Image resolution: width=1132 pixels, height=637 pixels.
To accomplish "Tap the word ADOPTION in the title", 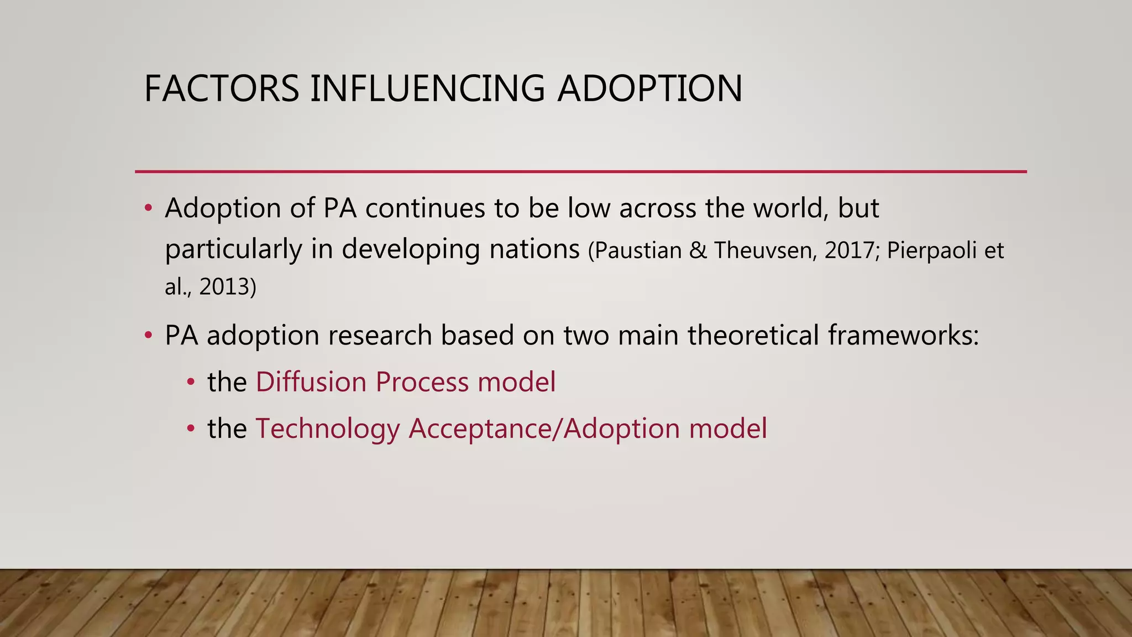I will (649, 88).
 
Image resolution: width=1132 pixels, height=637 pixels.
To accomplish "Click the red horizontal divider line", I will (580, 172).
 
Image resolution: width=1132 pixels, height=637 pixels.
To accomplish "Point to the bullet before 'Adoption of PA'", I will (148, 209).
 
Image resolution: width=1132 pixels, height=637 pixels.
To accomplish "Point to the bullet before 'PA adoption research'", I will (148, 336).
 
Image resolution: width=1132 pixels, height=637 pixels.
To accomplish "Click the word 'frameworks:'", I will (903, 336).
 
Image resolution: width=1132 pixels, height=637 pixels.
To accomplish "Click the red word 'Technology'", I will (327, 429).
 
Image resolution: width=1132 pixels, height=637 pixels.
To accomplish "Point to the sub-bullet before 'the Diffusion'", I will (191, 382).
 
